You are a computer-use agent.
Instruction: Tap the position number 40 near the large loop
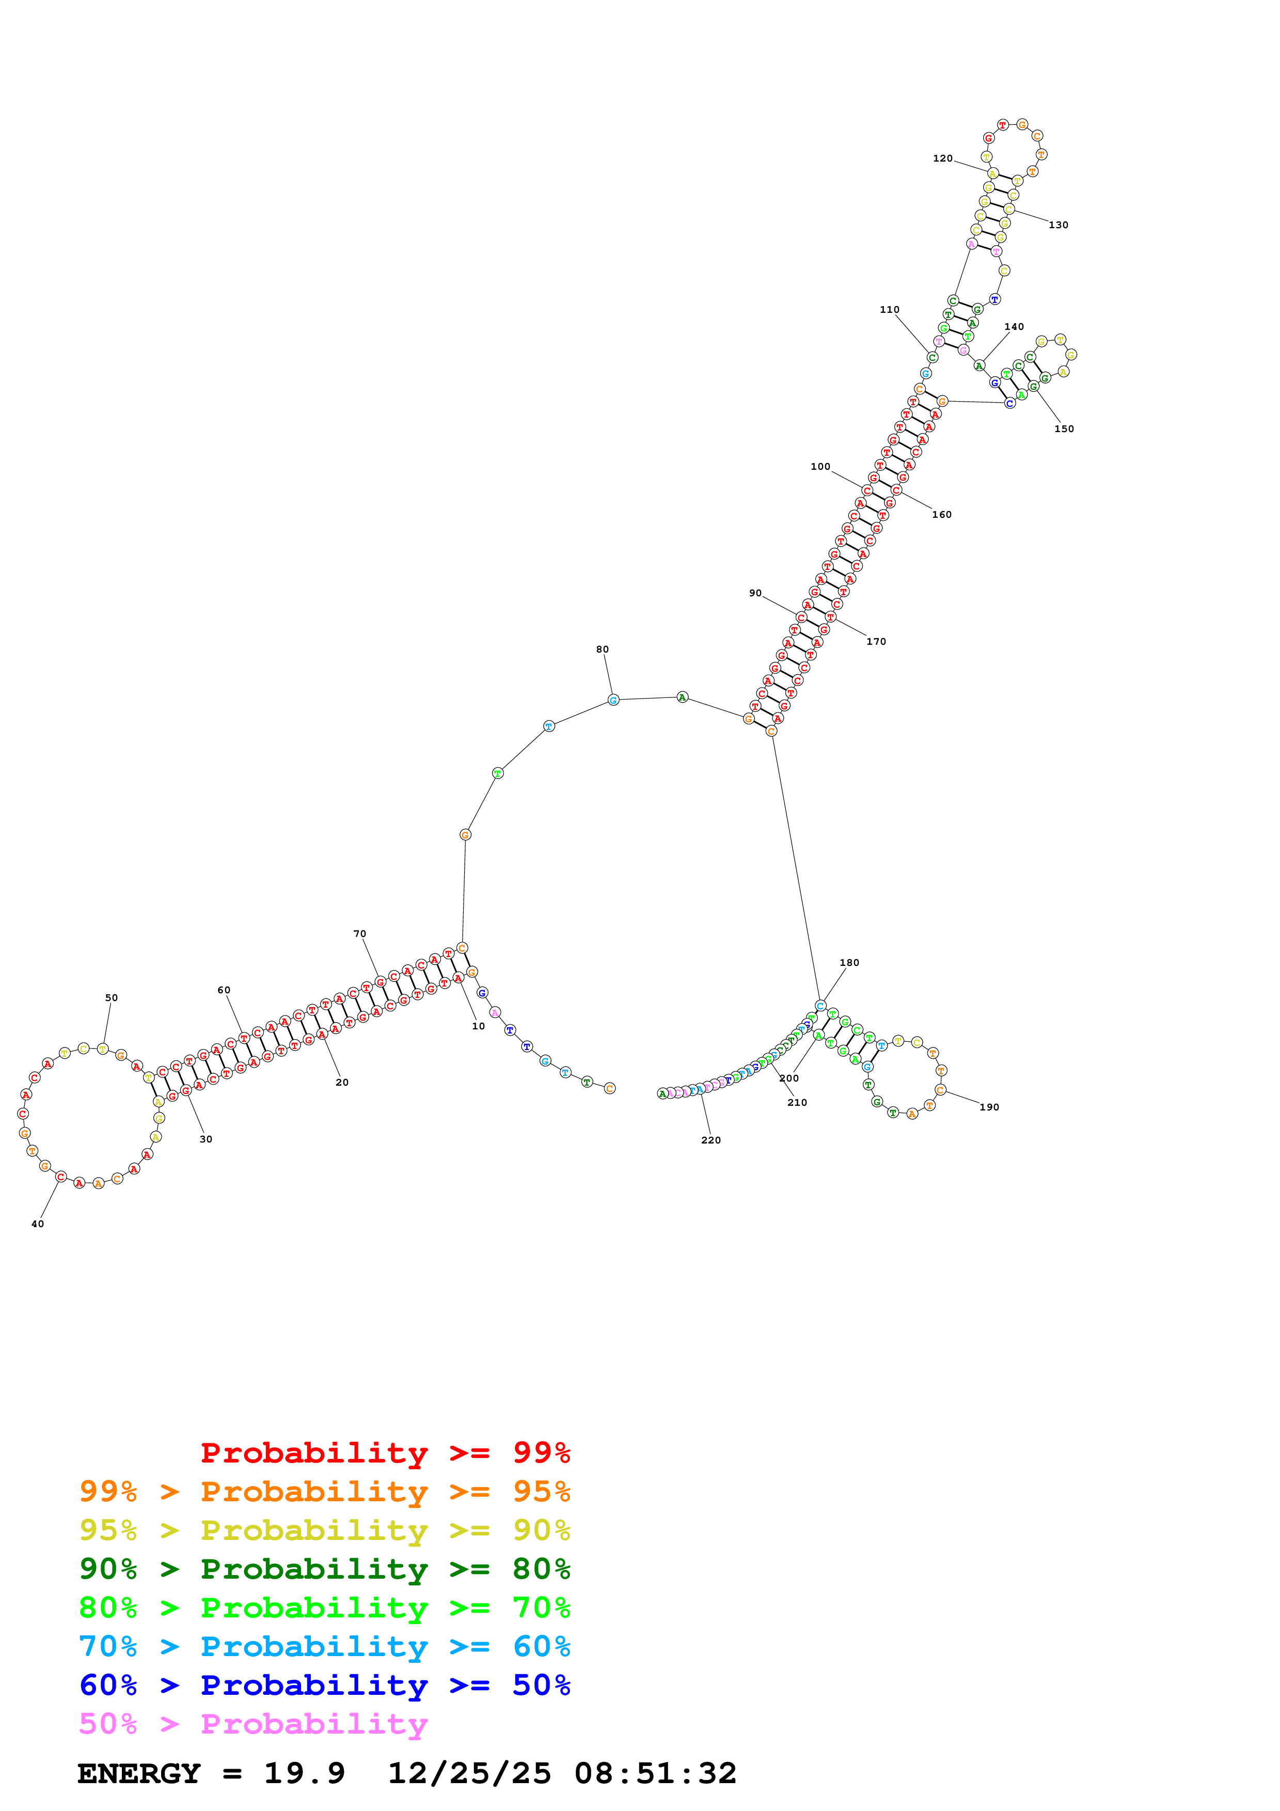pyautogui.click(x=38, y=1224)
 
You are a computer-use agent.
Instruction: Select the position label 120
pyautogui.click(x=942, y=158)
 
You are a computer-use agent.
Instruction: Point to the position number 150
pyautogui.click(x=1064, y=429)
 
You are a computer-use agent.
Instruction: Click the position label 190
pyautogui.click(x=989, y=1107)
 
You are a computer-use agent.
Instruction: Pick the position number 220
pyautogui.click(x=710, y=1140)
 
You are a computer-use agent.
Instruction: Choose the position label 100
pyautogui.click(x=820, y=467)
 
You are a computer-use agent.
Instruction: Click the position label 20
pyautogui.click(x=342, y=1082)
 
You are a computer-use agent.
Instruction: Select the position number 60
pyautogui.click(x=224, y=990)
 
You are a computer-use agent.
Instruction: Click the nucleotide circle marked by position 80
pyautogui.click(x=613, y=700)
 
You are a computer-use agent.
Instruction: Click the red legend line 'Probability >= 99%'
pyautogui.click(x=385, y=1453)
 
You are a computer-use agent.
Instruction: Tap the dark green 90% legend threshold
pyautogui.click(x=108, y=1569)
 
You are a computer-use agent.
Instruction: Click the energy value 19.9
pyautogui.click(x=305, y=1773)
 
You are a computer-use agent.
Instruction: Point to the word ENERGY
pyautogui.click(x=139, y=1773)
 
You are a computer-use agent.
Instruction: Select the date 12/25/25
pyautogui.click(x=469, y=1773)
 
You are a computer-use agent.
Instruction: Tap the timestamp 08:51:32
pyautogui.click(x=655, y=1773)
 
